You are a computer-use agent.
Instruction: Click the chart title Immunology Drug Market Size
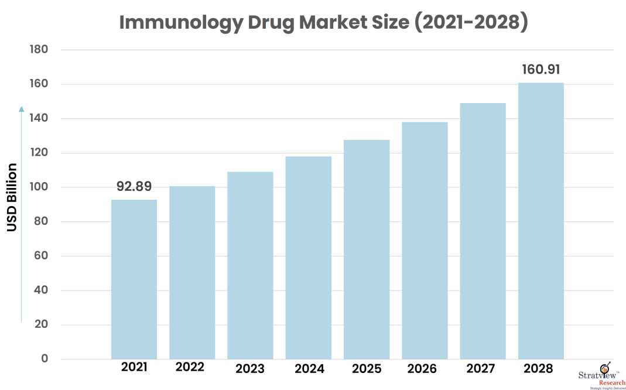coord(324,22)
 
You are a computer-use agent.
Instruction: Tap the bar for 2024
coord(309,258)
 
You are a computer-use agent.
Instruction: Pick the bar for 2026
coord(425,240)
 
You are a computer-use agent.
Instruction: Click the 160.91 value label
coord(541,70)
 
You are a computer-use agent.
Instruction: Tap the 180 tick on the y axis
coord(38,50)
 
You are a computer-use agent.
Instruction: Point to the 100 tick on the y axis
coord(38,187)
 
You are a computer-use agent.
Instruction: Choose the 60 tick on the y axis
coord(40,256)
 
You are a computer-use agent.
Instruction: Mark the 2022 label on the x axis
coord(190,367)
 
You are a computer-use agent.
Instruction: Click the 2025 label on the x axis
coord(367,369)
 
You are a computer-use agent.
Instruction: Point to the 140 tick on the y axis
coord(38,119)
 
